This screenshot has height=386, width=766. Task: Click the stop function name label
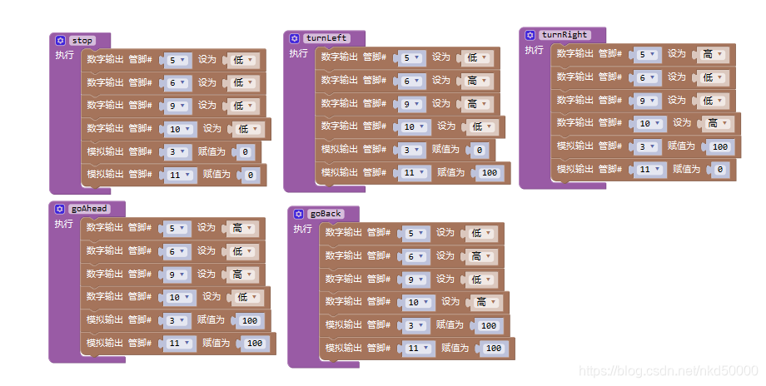[82, 41]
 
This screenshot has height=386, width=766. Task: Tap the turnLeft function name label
[326, 38]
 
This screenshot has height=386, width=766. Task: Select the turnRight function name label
[565, 35]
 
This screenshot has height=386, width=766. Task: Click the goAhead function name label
[89, 209]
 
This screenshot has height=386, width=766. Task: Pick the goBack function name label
[326, 214]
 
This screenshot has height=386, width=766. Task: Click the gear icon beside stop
[60, 41]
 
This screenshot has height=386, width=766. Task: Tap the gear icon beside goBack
[298, 214]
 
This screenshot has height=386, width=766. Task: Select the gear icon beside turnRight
[530, 35]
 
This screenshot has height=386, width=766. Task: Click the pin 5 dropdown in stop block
[177, 60]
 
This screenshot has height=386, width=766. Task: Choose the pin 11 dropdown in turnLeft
[413, 173]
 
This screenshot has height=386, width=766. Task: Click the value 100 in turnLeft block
[489, 173]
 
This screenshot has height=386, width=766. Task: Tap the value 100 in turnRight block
[719, 147]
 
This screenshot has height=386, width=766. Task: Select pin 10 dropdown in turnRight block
[649, 123]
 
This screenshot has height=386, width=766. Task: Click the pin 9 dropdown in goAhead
[177, 275]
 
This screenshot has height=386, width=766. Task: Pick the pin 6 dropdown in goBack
[415, 256]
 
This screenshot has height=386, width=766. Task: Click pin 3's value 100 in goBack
[488, 326]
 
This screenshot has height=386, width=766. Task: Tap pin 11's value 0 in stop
[250, 176]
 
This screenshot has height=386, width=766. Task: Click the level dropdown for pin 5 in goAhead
[241, 229]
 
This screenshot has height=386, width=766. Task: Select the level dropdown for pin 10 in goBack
[486, 303]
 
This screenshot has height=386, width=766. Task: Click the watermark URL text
[669, 371]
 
